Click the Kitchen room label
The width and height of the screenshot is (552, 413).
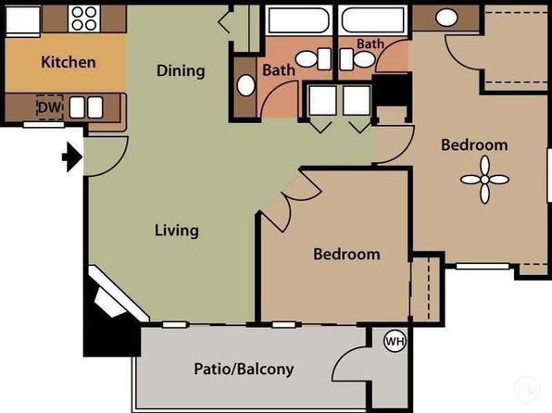[x=69, y=62]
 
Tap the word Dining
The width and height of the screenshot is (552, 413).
[x=181, y=70]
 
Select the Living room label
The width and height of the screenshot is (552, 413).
[x=177, y=231]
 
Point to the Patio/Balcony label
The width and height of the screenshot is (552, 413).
[x=244, y=369]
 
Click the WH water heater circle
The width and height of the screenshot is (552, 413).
[x=395, y=341]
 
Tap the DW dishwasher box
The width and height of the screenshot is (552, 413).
[x=50, y=107]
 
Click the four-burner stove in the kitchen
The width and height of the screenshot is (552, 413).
[x=84, y=19]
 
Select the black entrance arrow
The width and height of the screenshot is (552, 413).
[x=72, y=157]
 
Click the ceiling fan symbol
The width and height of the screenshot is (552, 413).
[x=484, y=180]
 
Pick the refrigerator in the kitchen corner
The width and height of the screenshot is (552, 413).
[x=23, y=21]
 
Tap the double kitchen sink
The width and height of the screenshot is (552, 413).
[x=86, y=107]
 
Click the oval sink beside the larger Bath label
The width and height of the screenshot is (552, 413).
[x=245, y=85]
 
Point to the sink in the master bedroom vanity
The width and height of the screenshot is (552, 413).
[x=446, y=18]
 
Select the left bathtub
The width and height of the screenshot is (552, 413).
[x=298, y=20]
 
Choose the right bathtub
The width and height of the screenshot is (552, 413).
[x=373, y=20]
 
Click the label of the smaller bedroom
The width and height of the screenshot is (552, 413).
[x=346, y=255]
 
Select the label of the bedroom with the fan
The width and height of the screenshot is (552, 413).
[x=474, y=145]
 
